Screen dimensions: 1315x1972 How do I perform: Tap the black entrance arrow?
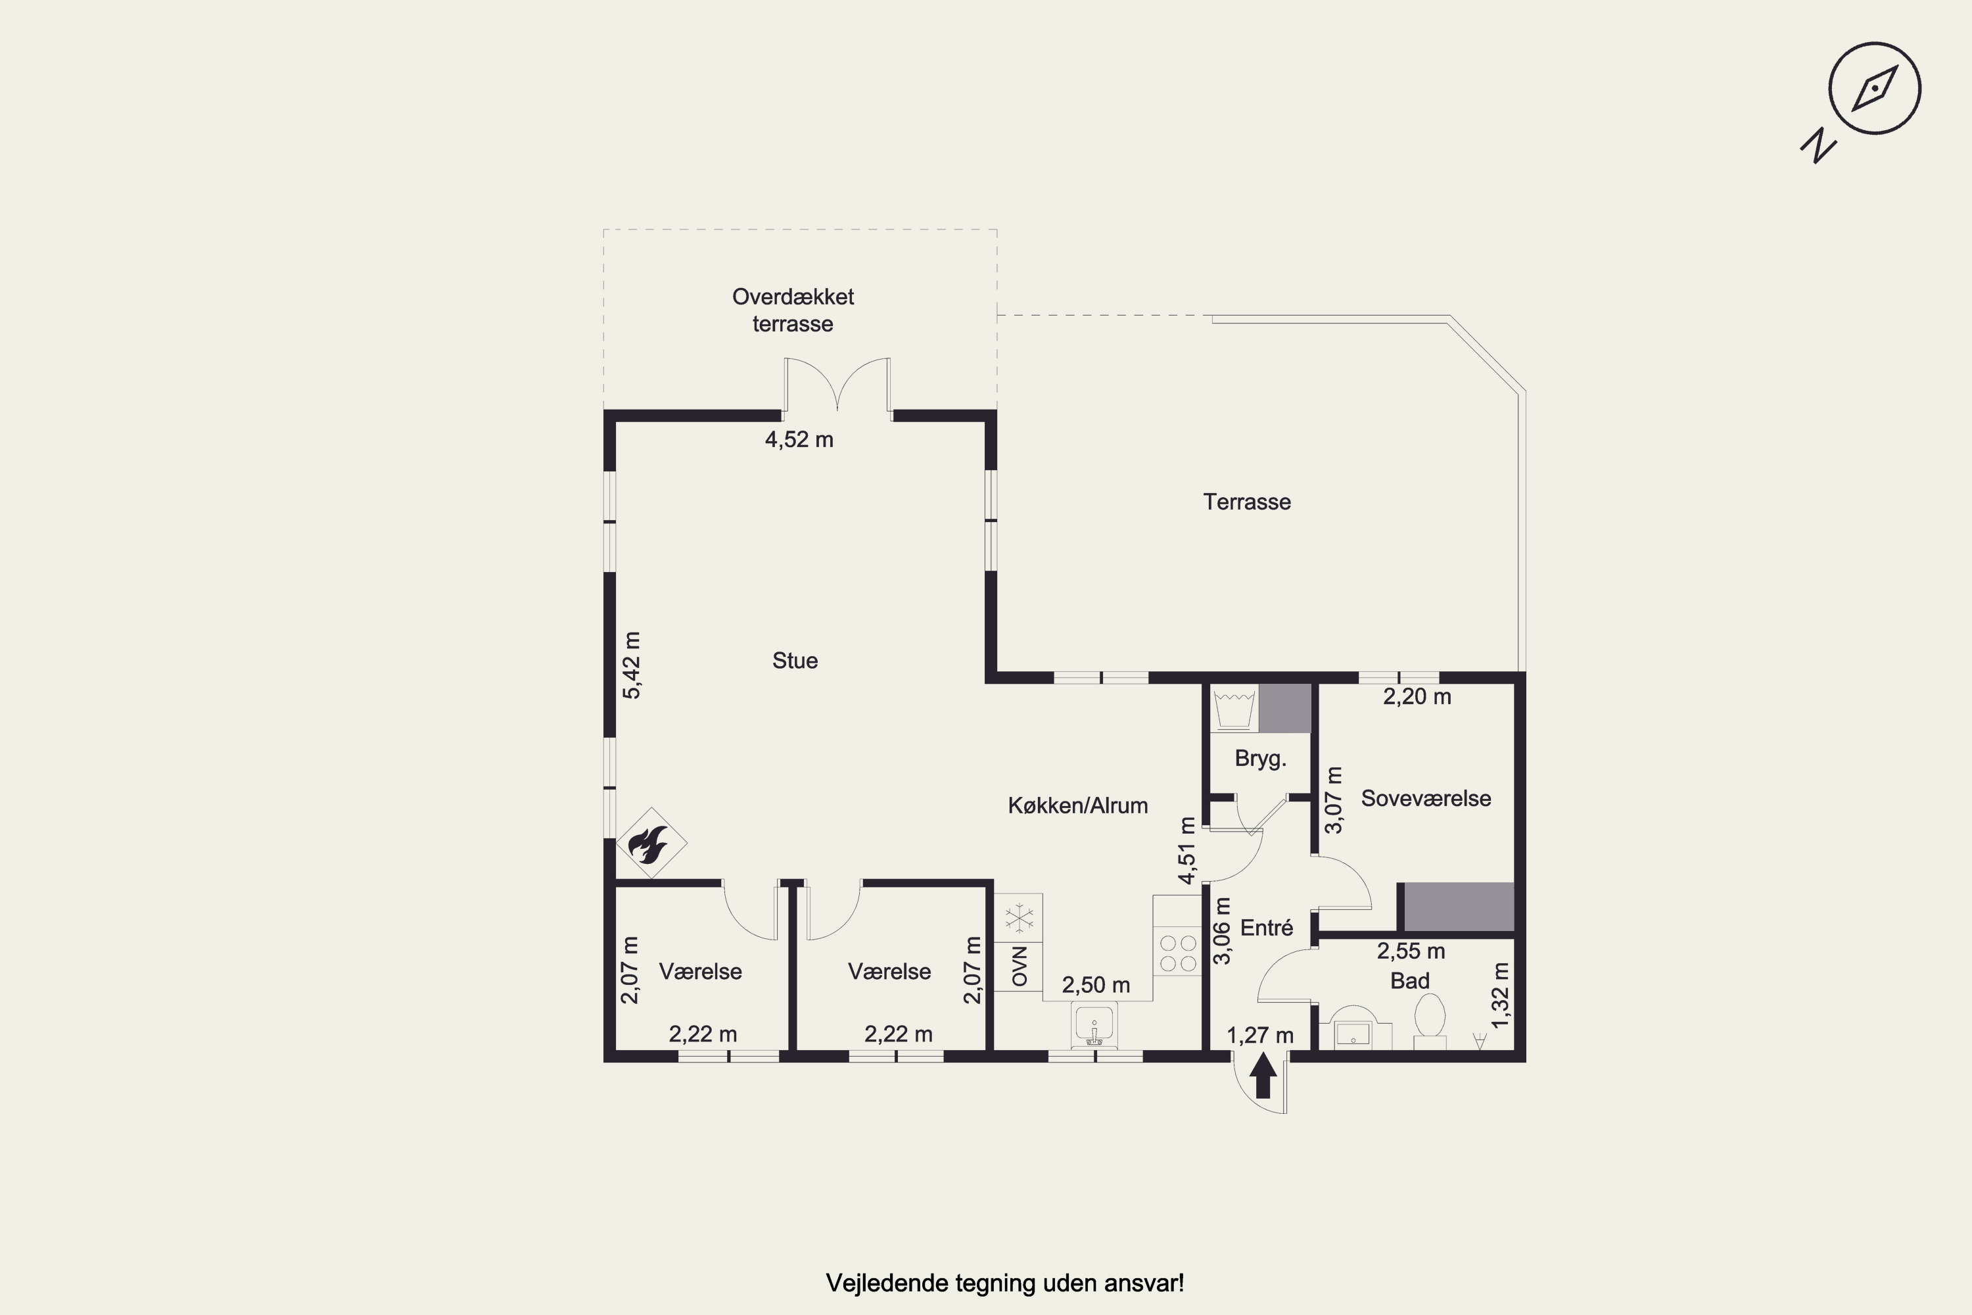click(1263, 1078)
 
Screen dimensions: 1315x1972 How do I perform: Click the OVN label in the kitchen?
click(1020, 966)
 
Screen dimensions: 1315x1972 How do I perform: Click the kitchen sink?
click(1094, 1025)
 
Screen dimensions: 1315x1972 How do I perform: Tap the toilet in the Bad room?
click(1430, 1019)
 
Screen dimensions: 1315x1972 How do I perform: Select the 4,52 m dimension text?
click(799, 439)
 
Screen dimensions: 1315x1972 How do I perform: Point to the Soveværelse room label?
click(1425, 798)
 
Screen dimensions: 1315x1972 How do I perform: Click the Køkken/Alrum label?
click(1077, 806)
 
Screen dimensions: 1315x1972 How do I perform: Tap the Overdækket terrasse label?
click(793, 310)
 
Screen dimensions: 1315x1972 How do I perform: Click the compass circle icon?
click(1875, 89)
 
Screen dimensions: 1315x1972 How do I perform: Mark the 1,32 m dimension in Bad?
click(1501, 995)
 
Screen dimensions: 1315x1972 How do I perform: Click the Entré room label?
click(1266, 928)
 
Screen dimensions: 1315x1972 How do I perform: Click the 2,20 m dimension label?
click(1417, 697)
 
